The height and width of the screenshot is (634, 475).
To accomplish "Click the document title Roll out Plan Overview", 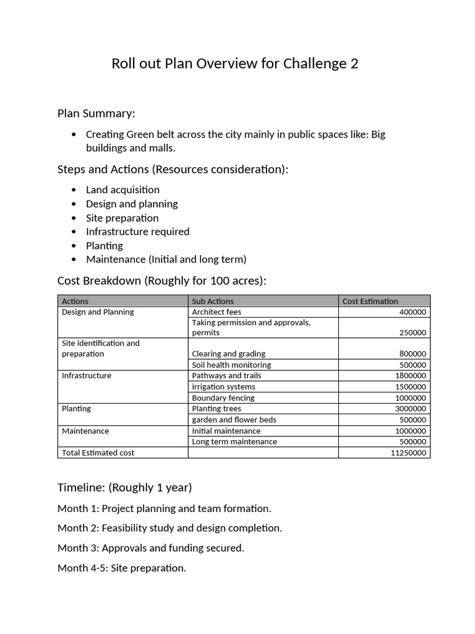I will [234, 64].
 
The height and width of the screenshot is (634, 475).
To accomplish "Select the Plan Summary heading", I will [96, 113].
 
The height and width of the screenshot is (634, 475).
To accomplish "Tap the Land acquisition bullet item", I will [122, 189].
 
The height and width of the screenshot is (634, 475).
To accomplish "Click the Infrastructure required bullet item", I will [137, 232].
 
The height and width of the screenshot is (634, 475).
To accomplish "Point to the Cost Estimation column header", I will [370, 301].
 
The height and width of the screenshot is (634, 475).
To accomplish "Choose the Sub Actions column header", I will [213, 301].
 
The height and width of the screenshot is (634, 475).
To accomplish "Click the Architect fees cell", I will [216, 312].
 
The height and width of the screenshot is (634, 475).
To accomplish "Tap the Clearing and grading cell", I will [228, 354].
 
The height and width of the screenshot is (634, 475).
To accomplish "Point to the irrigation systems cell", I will [223, 386].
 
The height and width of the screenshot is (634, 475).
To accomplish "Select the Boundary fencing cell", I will [223, 397].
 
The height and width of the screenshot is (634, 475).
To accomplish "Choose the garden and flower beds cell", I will [234, 419].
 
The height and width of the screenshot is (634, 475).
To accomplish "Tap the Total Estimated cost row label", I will [98, 453].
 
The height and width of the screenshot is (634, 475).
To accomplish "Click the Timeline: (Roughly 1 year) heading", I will [124, 487].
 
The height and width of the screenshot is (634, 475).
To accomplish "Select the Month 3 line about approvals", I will [151, 548].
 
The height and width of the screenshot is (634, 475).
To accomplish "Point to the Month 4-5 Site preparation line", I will [121, 568].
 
